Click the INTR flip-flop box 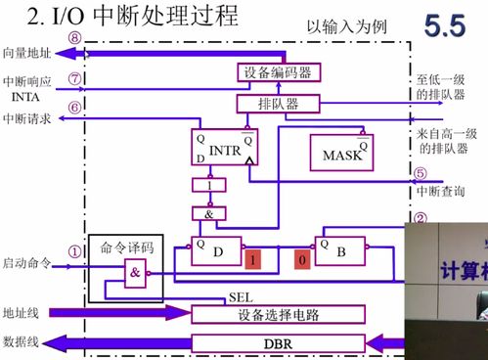tap(224, 148)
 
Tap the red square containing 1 tap(253, 260)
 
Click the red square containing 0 tap(302, 260)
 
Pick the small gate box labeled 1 tap(208, 184)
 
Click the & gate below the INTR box tap(208, 211)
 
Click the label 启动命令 tap(26, 264)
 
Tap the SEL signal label tap(241, 295)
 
